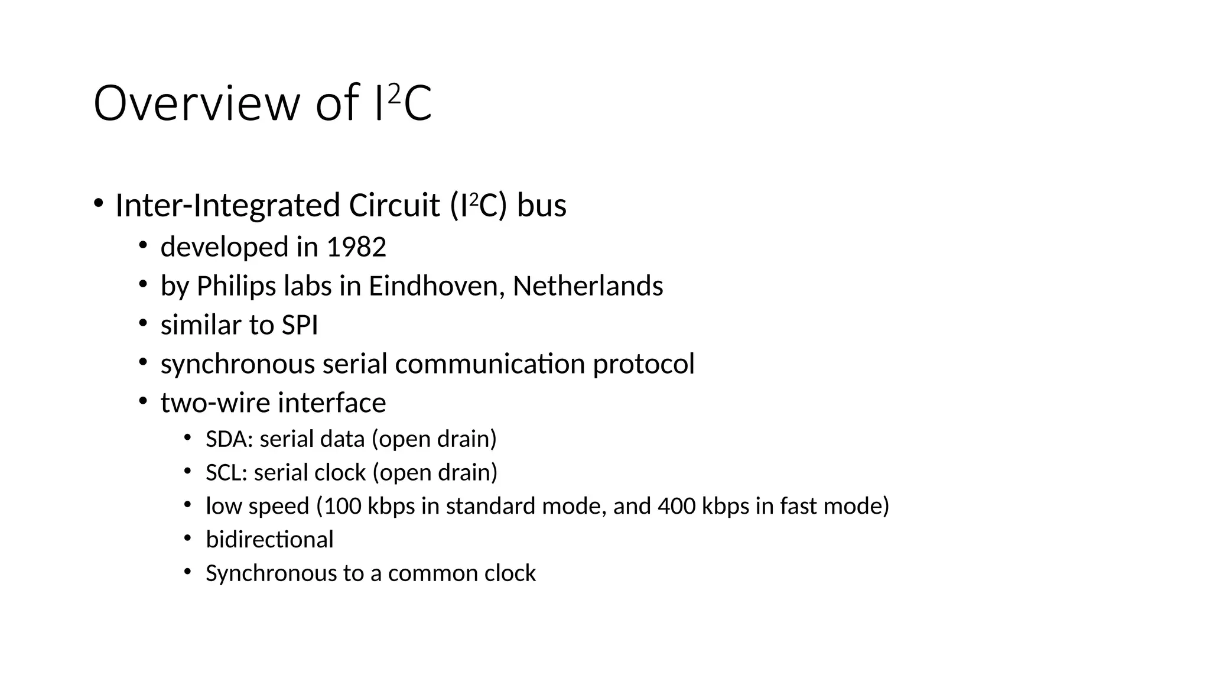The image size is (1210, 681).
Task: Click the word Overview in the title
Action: pyautogui.click(x=197, y=104)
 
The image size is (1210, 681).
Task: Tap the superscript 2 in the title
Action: pyautogui.click(x=395, y=93)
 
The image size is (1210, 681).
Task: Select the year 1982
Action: pyautogui.click(x=356, y=247)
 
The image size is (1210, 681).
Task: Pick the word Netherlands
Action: pyautogui.click(x=588, y=286)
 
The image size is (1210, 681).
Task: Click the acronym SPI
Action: pyautogui.click(x=300, y=326)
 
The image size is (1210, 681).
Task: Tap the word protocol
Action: pyautogui.click(x=643, y=364)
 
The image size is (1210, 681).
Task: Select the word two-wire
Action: pyautogui.click(x=215, y=403)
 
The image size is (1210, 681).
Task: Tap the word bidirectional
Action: pyautogui.click(x=269, y=540)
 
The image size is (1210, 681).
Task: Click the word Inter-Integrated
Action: pyautogui.click(x=227, y=206)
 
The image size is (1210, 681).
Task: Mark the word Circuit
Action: pyautogui.click(x=395, y=206)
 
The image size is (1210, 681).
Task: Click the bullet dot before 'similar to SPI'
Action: pyautogui.click(x=142, y=323)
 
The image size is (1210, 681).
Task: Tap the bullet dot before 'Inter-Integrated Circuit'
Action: pyautogui.click(x=98, y=203)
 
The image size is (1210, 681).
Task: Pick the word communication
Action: pyautogui.click(x=490, y=364)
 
